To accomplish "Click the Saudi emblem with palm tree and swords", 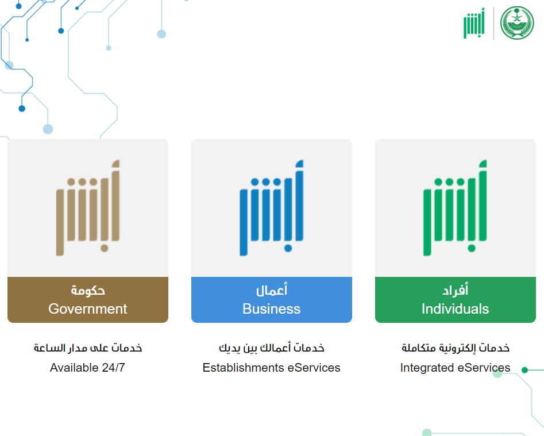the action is pos(517,23).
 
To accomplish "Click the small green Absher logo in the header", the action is pos(474,23).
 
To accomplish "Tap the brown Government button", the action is pos(88,300).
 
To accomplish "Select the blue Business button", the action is pos(272,300).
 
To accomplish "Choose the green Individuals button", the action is pos(456,300).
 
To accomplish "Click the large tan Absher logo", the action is pos(88,208).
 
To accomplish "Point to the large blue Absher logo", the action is pos(272,208).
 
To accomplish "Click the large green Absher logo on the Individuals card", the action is pos(455,208).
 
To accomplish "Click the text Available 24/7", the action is pos(87,367).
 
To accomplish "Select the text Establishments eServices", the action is pos(271,367).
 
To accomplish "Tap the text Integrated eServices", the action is pos(455,367).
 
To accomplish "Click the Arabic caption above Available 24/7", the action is pos(88,348).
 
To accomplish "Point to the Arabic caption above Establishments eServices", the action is pos(272,348).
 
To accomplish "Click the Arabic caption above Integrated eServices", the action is pos(456,348).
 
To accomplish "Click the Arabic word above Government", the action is pos(88,290).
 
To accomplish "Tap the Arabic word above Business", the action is pos(272,290).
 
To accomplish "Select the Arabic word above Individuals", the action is pos(455,290).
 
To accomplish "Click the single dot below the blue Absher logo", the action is pos(288,248).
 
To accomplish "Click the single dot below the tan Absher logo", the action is pos(105,248).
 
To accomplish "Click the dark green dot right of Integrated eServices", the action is pos(525,370).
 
